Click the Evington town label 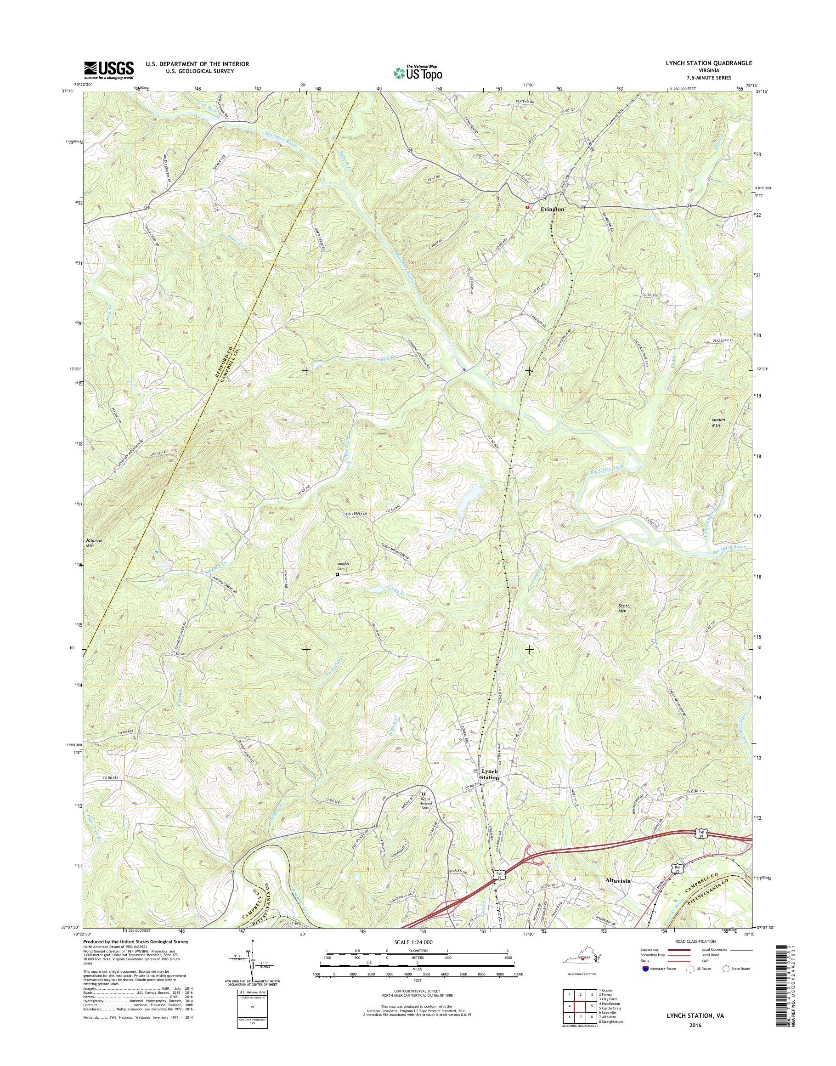[x=552, y=209]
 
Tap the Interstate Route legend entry [x=659, y=969]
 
